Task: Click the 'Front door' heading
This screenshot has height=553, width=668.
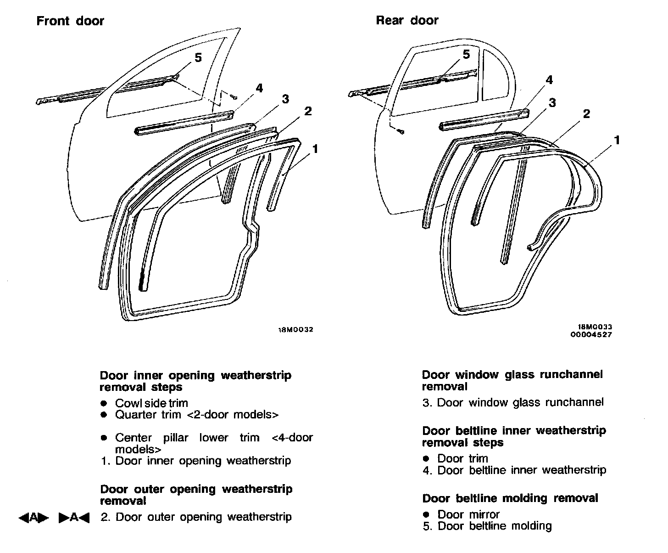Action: (70, 21)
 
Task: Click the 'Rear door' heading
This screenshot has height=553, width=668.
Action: (407, 20)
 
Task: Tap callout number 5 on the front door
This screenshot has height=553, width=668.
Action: (198, 57)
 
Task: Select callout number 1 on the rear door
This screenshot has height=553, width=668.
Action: (617, 140)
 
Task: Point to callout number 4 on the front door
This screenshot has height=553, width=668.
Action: (259, 88)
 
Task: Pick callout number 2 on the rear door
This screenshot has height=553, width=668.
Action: (586, 113)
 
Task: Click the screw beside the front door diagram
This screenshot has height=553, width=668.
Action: (234, 97)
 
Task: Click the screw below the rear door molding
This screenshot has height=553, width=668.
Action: (401, 132)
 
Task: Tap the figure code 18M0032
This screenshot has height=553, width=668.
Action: (296, 330)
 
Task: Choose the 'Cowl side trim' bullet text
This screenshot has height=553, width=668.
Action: (151, 403)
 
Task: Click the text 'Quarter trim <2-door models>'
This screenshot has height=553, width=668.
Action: (196, 415)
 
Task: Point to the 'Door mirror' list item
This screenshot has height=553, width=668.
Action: (468, 514)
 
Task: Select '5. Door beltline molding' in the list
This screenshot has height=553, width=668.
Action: (487, 526)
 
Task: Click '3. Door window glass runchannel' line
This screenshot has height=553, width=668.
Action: (513, 403)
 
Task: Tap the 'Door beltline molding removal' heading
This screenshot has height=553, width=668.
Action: (510, 498)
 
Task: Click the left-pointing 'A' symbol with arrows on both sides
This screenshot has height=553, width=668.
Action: (33, 518)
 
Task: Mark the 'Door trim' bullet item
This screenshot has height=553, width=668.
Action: (462, 458)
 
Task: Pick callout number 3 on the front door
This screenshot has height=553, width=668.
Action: (285, 99)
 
